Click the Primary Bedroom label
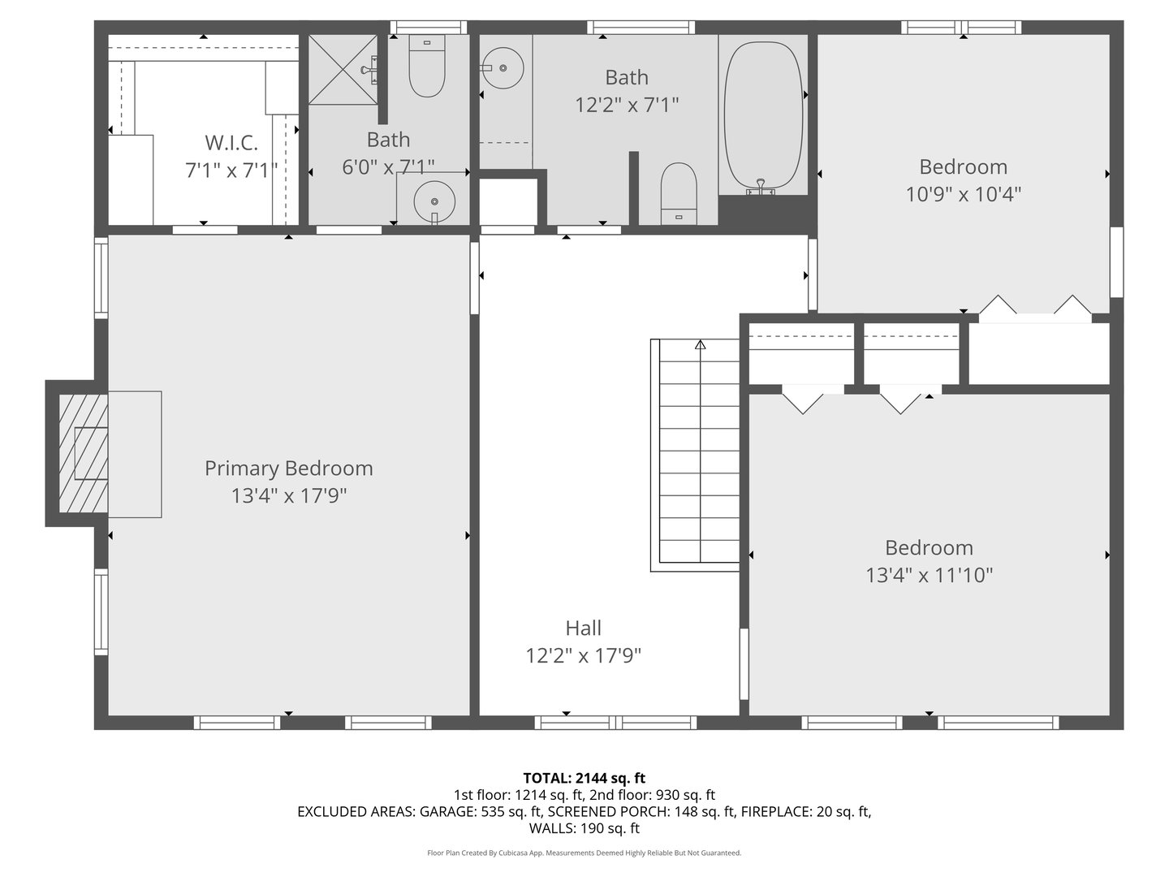click(x=288, y=469)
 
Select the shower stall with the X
click(x=343, y=70)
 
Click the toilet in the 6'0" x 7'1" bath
click(x=427, y=67)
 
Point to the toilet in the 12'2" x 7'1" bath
click(x=679, y=193)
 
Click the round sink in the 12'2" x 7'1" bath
click(x=503, y=67)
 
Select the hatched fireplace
click(x=82, y=453)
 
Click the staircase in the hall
click(x=698, y=455)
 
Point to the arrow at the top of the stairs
click(x=700, y=345)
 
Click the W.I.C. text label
click(x=231, y=143)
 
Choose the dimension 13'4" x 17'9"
click(x=289, y=496)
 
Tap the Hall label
click(x=583, y=628)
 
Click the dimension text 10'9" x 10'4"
click(x=963, y=194)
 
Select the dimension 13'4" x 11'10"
click(x=929, y=576)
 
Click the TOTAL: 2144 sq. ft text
click(x=584, y=778)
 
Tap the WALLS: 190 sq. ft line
click(x=584, y=829)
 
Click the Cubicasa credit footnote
click(x=584, y=853)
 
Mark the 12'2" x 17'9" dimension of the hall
click(x=583, y=656)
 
